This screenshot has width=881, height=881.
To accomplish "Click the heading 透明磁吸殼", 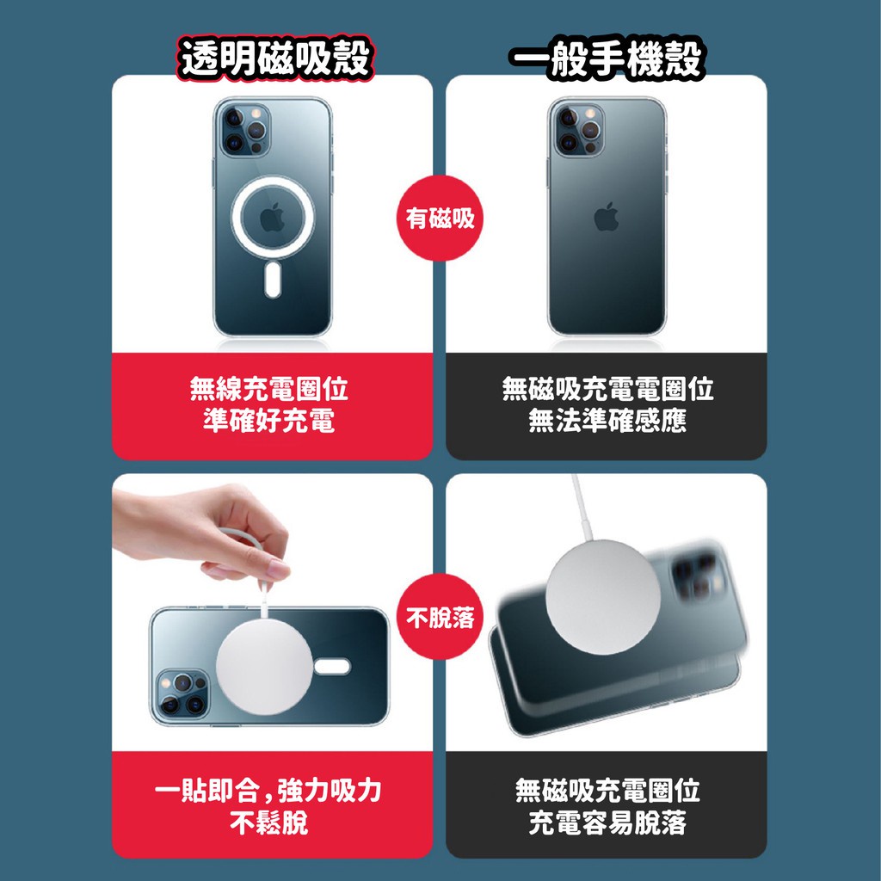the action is [275, 58].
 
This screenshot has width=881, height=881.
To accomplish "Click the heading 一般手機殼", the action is [607, 58].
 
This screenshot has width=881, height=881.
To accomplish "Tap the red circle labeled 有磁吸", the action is [440, 218].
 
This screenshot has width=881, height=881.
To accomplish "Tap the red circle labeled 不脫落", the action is [440, 617].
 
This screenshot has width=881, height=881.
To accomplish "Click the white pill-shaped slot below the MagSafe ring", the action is [273, 280].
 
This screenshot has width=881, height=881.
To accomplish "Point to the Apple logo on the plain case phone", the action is [607, 217].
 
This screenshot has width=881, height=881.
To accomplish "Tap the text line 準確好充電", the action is [269, 420].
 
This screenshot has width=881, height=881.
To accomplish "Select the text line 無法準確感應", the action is [607, 420].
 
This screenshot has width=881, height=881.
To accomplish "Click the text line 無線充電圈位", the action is [269, 388].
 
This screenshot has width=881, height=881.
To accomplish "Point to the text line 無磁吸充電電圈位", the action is [607, 388].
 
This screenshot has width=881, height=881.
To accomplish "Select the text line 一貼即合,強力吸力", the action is [268, 790].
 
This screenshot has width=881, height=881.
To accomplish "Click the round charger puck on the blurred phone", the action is [603, 597].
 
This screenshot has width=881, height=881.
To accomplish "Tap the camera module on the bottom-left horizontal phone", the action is [181, 694].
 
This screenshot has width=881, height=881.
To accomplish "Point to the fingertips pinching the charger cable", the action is [269, 569].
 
